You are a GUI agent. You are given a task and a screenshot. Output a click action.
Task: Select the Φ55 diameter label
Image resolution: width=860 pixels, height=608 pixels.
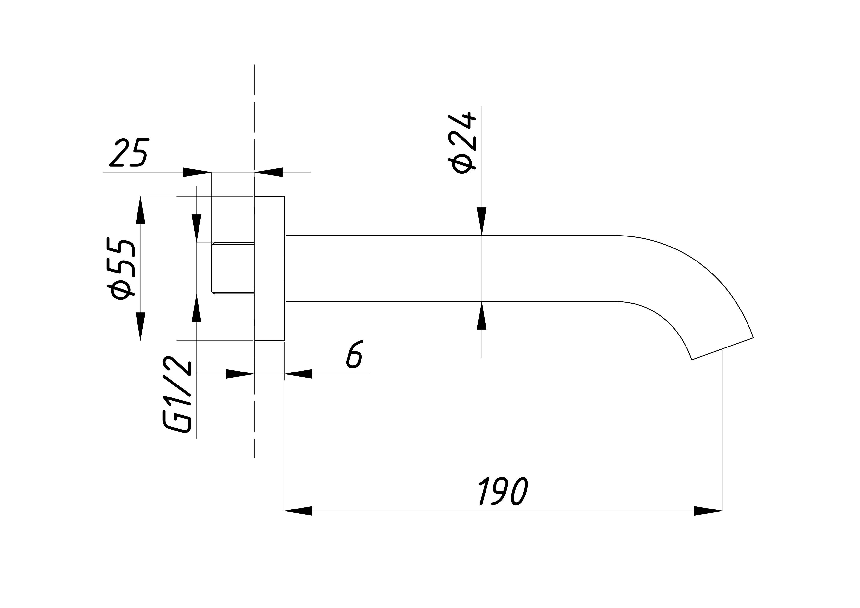point(121,269)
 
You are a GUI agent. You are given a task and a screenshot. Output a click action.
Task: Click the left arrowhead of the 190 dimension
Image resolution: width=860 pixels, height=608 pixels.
point(298,511)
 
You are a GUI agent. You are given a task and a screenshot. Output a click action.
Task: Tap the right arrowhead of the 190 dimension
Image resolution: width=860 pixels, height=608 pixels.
point(708,511)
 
